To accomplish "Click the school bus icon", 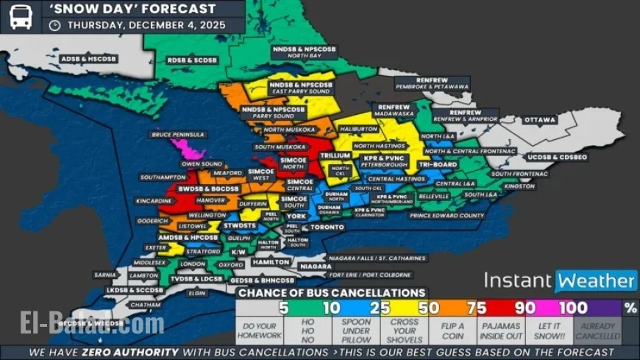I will click(x=21, y=15).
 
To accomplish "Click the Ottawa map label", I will click(x=540, y=120).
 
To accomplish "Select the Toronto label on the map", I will click(x=327, y=227).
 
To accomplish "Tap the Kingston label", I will click(x=519, y=186).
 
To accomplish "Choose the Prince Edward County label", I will click(x=447, y=216).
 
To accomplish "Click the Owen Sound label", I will click(x=202, y=163).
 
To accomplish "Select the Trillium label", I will click(x=335, y=156).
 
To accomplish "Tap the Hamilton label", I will click(x=271, y=262).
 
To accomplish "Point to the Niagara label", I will click(x=316, y=266).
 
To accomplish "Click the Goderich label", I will click(x=154, y=221).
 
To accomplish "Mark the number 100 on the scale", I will click(x=573, y=308).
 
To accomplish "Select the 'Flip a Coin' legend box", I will click(x=452, y=331).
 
